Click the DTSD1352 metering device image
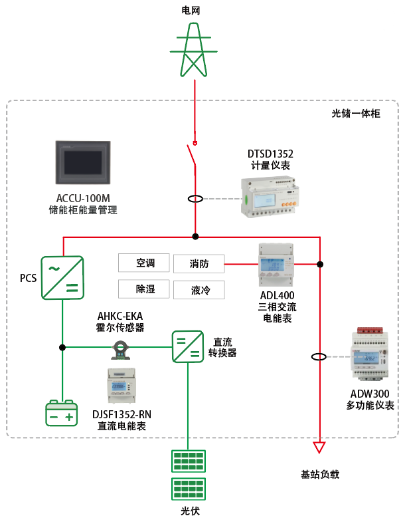269,195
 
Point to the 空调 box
144,263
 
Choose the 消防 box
199,264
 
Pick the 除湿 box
144,289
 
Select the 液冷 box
199,290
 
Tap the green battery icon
62,414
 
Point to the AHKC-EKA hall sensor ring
121,346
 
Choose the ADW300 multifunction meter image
368,353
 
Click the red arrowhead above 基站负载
320,447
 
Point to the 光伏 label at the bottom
190,510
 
